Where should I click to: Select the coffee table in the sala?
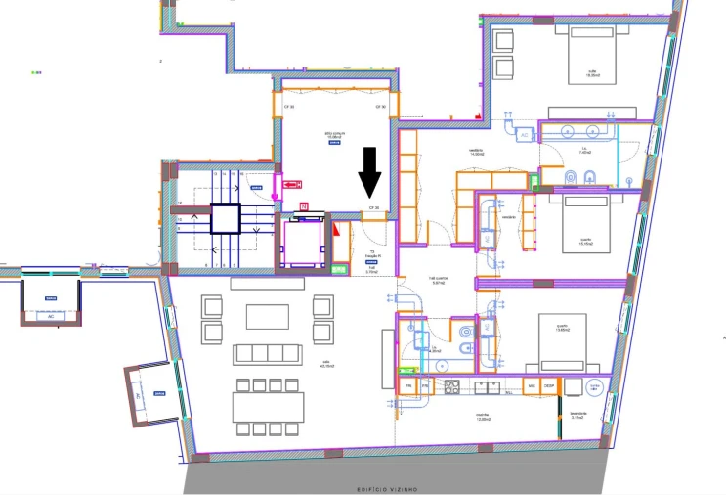267,317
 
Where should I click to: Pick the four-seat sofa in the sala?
267,354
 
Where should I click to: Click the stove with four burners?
453,387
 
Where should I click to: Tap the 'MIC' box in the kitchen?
533,387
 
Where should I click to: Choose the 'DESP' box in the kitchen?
549,387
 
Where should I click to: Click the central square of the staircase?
227,219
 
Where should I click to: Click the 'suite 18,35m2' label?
592,73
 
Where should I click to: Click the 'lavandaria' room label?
579,415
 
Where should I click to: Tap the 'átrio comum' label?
335,135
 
